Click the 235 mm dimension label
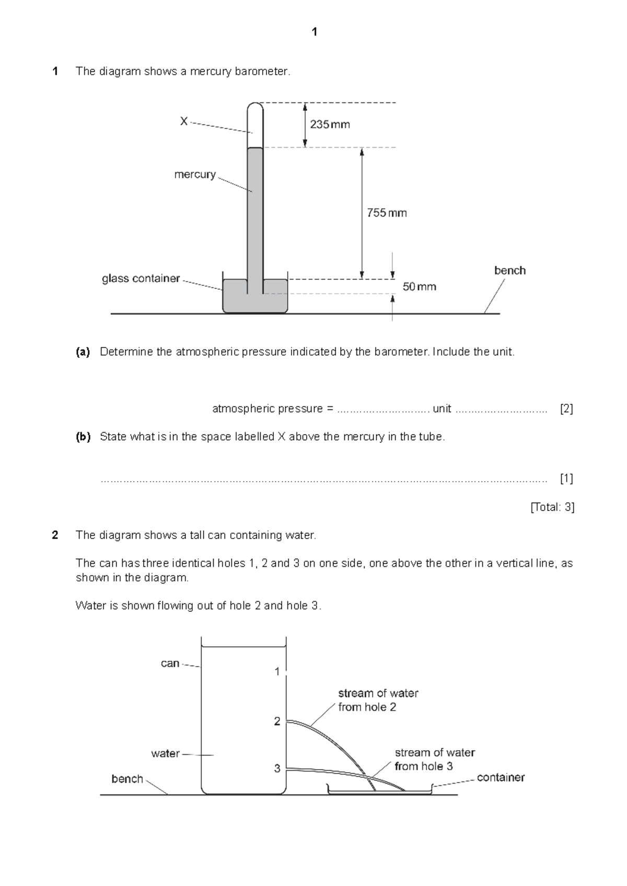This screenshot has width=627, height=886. click(x=330, y=124)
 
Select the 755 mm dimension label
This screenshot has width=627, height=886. click(x=386, y=213)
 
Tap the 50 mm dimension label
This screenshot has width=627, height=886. click(x=419, y=287)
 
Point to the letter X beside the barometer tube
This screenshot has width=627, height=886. click(x=183, y=121)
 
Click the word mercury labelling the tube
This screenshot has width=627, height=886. click(x=195, y=174)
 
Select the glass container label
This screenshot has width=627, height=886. click(x=141, y=278)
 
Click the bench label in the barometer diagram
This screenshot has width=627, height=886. click(x=509, y=271)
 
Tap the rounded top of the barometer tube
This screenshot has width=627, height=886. click(x=255, y=107)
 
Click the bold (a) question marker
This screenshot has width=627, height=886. click(x=83, y=352)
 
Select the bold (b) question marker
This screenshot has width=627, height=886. click(x=83, y=437)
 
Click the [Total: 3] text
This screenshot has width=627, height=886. click(x=552, y=507)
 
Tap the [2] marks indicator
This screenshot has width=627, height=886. click(x=566, y=409)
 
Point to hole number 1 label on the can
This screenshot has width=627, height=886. click(x=277, y=671)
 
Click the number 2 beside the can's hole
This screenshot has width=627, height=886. click(x=277, y=721)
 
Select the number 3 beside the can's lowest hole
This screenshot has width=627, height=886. click(x=277, y=768)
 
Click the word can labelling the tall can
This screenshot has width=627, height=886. click(x=170, y=663)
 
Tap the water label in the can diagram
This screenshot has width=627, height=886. click(x=165, y=753)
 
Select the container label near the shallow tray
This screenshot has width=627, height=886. click(x=500, y=777)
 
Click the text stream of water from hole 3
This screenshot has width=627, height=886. click(x=434, y=760)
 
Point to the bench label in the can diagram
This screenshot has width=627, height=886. click(x=127, y=779)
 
